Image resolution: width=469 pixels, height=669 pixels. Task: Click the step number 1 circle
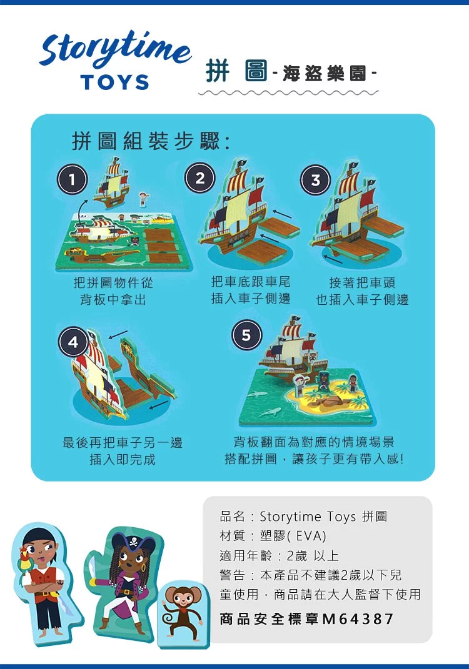(x=72, y=179)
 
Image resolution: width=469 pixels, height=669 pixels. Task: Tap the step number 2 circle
(x=199, y=178)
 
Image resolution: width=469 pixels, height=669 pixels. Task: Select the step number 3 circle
(x=316, y=180)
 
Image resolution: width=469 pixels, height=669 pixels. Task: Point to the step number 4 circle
(x=73, y=342)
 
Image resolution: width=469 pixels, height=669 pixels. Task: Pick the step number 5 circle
(x=246, y=335)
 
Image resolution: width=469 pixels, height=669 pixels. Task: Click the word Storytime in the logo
(x=114, y=49)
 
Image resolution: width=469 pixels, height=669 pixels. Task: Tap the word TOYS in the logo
(x=114, y=82)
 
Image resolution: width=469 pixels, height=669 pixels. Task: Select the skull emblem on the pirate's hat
(x=134, y=542)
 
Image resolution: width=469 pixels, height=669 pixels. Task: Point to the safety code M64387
(x=358, y=618)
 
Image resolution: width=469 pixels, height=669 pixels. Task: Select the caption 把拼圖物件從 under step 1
(x=113, y=282)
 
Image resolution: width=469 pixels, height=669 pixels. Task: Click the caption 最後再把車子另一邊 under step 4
(x=123, y=442)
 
